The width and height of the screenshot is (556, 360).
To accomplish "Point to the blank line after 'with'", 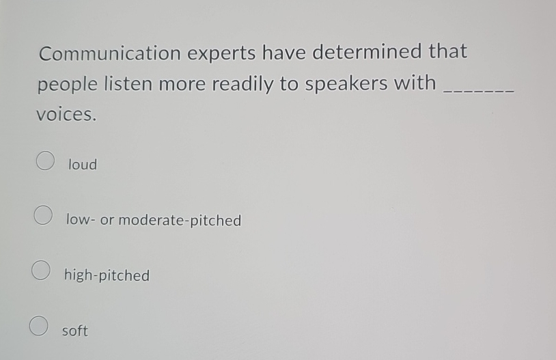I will pos(478,89).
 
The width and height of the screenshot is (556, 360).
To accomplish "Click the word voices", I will pos(66,115).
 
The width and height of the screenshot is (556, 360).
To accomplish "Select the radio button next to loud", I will pos(45,161).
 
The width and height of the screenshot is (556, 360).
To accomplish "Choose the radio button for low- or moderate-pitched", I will pos(42,216).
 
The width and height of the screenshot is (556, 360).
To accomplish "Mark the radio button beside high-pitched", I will pos(40,271).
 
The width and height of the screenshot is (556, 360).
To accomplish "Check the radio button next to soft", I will pos(38,326).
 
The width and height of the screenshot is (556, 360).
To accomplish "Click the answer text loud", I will pos(83,165).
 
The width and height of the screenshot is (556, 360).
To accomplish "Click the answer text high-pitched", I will pos(107,275).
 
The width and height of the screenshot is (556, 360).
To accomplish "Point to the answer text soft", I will pos(75,331).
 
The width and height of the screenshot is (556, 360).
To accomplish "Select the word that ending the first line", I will pos(447,51).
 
